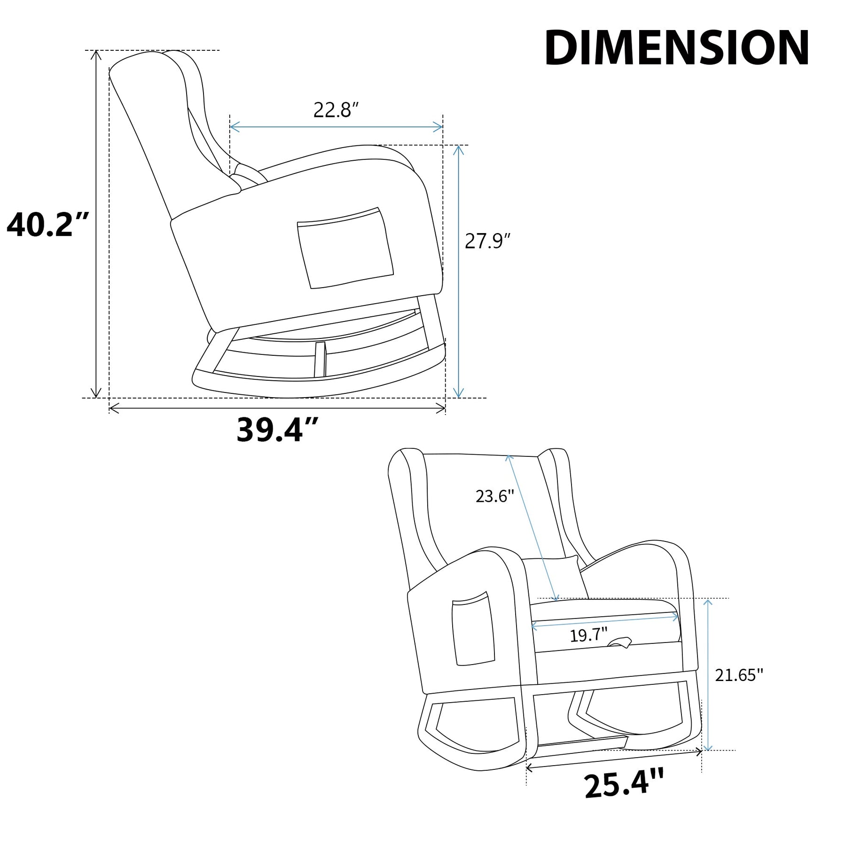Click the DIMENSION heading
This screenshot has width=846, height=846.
tap(677, 48)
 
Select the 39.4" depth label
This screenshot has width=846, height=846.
tap(277, 430)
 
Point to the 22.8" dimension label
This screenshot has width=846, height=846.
tap(336, 110)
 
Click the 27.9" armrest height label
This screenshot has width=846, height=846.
tap(487, 241)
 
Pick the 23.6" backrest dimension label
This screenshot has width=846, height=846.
tap(495, 496)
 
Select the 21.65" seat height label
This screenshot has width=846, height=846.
tap(739, 675)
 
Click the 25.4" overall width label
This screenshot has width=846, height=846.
tap(624, 783)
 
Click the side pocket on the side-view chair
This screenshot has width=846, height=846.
tap(345, 248)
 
